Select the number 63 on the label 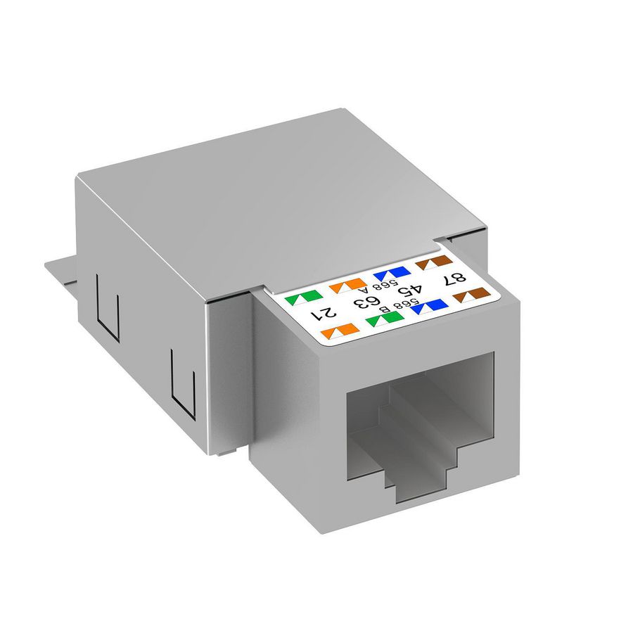[x=366, y=302]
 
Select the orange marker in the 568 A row [x=345, y=287]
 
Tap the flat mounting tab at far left [x=59, y=271]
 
